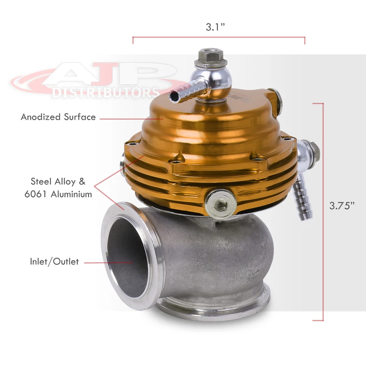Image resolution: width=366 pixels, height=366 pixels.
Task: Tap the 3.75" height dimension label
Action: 342,205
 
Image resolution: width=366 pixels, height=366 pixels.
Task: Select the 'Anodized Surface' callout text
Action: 58,117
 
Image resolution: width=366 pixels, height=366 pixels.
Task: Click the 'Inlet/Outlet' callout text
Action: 55,262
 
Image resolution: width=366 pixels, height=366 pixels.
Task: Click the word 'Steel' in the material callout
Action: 42,181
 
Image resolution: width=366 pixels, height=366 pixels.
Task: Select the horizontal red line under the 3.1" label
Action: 218,37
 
